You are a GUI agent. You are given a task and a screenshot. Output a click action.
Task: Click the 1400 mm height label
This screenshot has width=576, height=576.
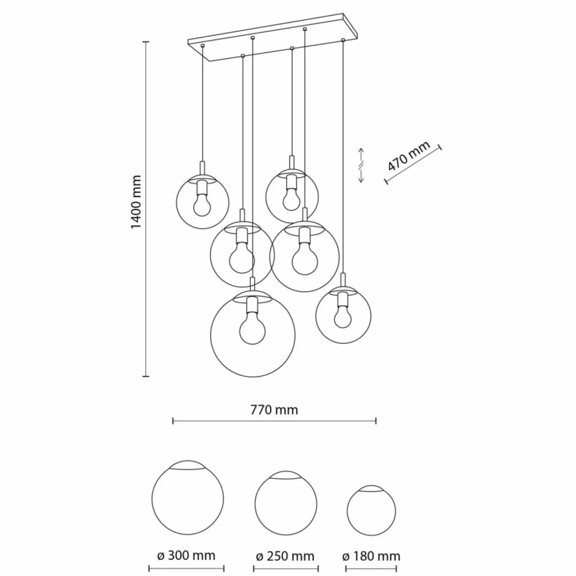tap(137, 202)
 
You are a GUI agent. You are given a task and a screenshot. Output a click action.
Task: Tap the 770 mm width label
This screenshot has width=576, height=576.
tap(274, 410)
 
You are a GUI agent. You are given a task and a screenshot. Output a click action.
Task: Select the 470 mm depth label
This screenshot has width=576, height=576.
tap(408, 156)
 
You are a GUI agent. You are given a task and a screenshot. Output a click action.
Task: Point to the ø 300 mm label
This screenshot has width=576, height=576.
tap(186, 556)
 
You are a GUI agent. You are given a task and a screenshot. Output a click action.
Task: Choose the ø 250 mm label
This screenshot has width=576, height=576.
tap(285, 556)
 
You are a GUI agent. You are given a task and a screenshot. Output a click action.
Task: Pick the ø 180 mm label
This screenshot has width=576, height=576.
tap(371, 556)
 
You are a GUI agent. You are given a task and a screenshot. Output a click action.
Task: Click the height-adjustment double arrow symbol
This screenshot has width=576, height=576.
tap(361, 165)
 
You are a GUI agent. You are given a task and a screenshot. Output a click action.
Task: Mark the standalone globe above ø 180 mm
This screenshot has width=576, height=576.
tap(371, 510)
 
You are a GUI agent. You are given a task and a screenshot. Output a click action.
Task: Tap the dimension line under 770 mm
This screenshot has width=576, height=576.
tap(274, 422)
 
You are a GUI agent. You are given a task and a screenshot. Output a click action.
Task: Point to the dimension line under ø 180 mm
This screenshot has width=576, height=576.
tap(371, 569)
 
